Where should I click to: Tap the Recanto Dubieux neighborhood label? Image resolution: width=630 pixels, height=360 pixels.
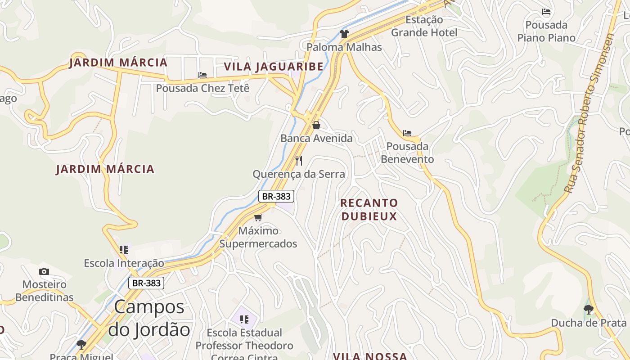(x=369, y=210)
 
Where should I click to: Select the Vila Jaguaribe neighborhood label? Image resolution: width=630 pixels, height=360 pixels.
(x=274, y=67)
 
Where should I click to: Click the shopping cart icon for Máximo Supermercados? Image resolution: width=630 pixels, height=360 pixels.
(x=258, y=218)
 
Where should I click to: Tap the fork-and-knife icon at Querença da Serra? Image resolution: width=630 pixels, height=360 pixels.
(x=299, y=161)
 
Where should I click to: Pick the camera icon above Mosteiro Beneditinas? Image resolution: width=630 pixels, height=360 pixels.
(x=44, y=271)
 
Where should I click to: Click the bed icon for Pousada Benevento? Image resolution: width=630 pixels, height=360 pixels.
(x=407, y=133)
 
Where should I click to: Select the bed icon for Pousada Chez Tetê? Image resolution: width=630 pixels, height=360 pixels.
(x=202, y=75)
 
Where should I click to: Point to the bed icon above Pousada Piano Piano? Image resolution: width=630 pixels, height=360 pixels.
(x=546, y=12)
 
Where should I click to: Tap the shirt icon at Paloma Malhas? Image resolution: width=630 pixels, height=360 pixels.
(x=344, y=33)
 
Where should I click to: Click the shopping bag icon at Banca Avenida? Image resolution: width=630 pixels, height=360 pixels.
(x=316, y=125)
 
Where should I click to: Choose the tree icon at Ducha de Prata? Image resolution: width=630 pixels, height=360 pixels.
(x=588, y=310)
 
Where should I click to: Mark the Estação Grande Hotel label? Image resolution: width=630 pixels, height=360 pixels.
(x=424, y=26)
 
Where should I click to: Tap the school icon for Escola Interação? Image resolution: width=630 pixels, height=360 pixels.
(x=124, y=249)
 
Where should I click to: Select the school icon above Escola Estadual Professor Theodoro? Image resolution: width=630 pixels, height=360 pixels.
(x=244, y=319)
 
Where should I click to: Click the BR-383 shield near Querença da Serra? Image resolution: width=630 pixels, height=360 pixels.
(x=276, y=196)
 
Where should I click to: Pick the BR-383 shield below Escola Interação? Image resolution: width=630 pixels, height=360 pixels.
(x=146, y=283)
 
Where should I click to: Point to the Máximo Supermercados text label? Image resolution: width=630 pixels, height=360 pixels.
(x=258, y=237)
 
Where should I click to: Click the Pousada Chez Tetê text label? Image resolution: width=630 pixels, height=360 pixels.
(x=202, y=88)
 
